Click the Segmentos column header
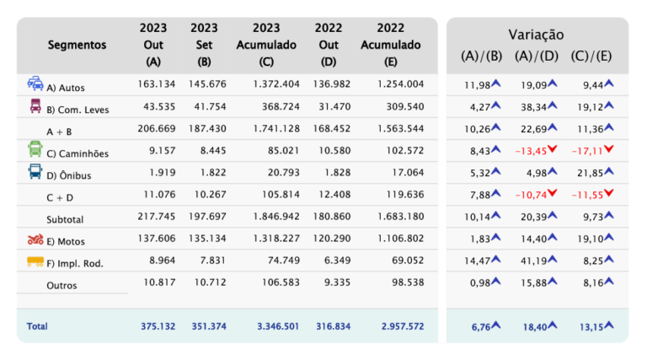pyautogui.click(x=77, y=45)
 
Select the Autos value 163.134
pyautogui.click(x=157, y=84)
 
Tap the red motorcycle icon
pyautogui.click(x=35, y=239)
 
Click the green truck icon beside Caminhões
pyautogui.click(x=35, y=149)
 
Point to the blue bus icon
pyautogui.click(x=35, y=171)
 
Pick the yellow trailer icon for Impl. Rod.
pyautogui.click(x=35, y=261)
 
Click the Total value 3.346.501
pyautogui.click(x=278, y=326)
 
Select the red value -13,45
pyautogui.click(x=531, y=151)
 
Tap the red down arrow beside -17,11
pyautogui.click(x=608, y=149)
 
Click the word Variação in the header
pyautogui.click(x=536, y=35)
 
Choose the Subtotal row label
pyautogui.click(x=65, y=220)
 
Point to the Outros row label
pyautogui.click(x=61, y=286)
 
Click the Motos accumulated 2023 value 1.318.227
pyautogui.click(x=276, y=239)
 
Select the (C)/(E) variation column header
pyautogui.click(x=591, y=56)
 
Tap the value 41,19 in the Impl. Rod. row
pyautogui.click(x=533, y=261)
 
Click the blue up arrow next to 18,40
pyautogui.click(x=552, y=325)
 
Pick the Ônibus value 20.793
pyautogui.click(x=283, y=173)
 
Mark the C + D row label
pyautogui.click(x=60, y=198)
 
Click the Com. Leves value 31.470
pyautogui.click(x=334, y=106)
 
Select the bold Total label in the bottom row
pyautogui.click(x=37, y=326)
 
